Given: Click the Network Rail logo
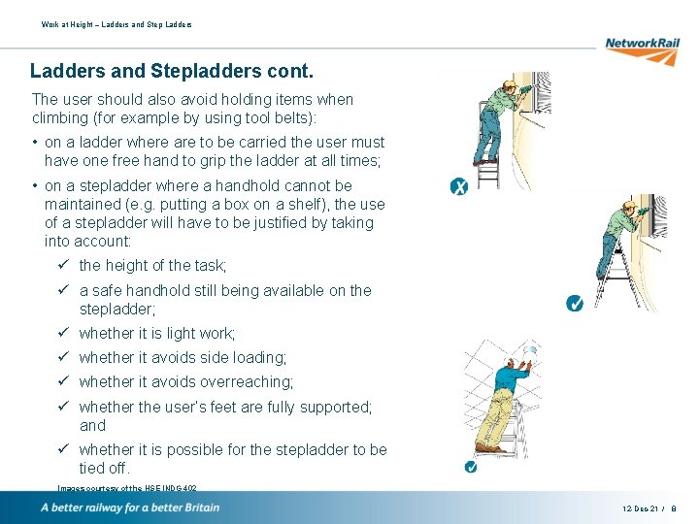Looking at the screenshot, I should pyautogui.click(x=641, y=45).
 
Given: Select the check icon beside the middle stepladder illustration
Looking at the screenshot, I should pyautogui.click(x=574, y=304).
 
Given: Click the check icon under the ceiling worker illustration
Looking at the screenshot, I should pyautogui.click(x=470, y=468).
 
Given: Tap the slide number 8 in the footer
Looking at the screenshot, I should pyautogui.click(x=673, y=508).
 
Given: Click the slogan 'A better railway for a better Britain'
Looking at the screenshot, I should pyautogui.click(x=130, y=508).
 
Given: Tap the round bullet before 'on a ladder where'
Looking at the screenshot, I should pyautogui.click(x=35, y=143).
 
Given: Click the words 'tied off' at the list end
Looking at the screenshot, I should pyautogui.click(x=106, y=469).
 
